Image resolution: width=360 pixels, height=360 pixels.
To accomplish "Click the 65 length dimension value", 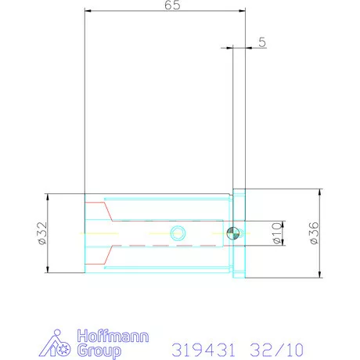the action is click(x=172, y=5).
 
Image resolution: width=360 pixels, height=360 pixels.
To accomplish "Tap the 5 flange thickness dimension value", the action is click(x=262, y=42).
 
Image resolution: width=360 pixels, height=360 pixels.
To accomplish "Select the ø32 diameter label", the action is click(x=42, y=233).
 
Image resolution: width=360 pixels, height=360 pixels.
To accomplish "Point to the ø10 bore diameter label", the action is click(x=277, y=233).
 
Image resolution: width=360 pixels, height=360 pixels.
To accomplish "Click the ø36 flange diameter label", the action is click(x=314, y=233).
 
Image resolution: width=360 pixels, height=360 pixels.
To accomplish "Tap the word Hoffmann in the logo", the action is click(x=113, y=336).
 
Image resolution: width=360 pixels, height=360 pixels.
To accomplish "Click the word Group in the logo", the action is click(x=99, y=351).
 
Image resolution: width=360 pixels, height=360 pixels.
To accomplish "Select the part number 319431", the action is click(x=203, y=350).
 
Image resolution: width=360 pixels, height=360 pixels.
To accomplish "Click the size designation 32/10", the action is click(x=277, y=350).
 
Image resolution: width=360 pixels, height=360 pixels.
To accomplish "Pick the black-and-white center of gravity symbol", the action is click(x=232, y=233).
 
